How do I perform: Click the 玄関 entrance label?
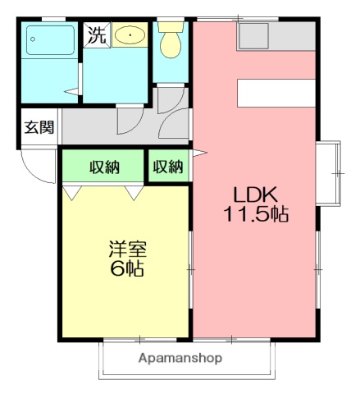click(x=39, y=127)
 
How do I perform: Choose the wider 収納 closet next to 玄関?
click(x=104, y=167)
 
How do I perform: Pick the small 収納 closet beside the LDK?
click(x=168, y=167)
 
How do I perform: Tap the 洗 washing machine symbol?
click(x=97, y=35)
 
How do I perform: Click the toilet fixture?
click(x=171, y=40)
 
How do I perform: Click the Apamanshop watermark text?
click(x=180, y=359)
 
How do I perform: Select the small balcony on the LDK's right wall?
click(x=330, y=173)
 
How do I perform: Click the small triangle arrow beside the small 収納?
click(x=197, y=153)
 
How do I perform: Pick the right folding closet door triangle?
click(x=134, y=193)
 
